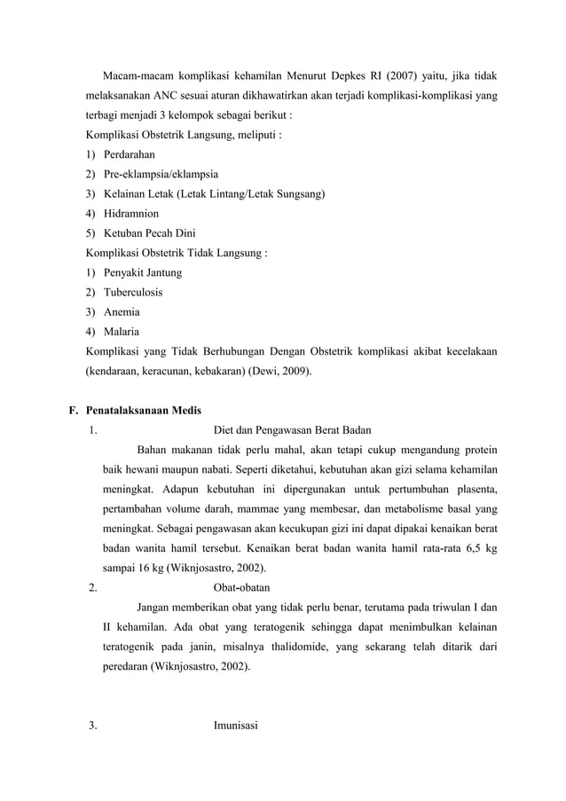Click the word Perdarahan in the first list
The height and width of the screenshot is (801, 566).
click(130, 154)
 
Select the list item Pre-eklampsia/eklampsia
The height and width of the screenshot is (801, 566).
click(161, 174)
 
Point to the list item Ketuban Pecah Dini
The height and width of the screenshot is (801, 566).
click(149, 233)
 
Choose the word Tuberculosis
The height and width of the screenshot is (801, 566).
click(133, 292)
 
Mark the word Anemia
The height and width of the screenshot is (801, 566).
click(122, 311)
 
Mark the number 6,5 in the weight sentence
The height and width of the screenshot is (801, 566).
click(462, 548)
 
